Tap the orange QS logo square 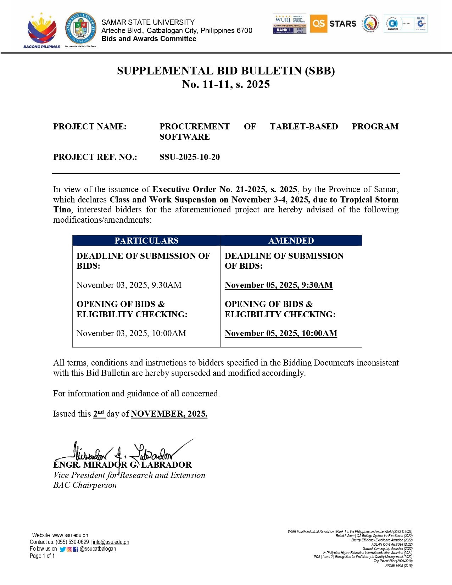click(318, 24)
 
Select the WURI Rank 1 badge click(290, 24)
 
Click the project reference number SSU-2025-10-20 click(190, 157)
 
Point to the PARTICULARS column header click(146, 241)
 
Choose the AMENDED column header click(291, 241)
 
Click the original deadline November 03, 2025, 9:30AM click(129, 285)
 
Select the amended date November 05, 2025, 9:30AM click(279, 285)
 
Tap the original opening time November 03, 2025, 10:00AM click(131, 333)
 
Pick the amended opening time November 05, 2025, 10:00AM click(281, 333)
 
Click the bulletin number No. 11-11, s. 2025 click(226, 84)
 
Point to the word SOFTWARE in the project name click(185, 137)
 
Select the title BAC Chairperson click(85, 485)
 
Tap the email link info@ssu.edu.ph click(111, 542)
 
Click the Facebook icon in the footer click(76, 549)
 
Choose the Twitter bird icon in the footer click(63, 549)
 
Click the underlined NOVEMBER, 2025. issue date click(169, 414)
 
